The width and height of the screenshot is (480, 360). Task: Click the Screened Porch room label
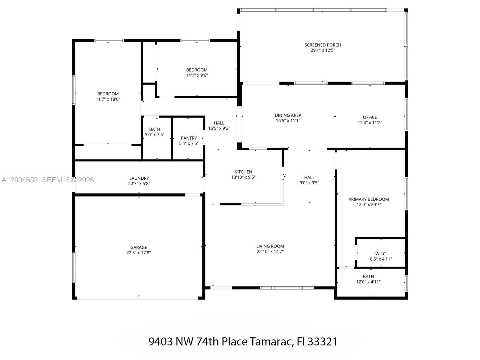point(322,45)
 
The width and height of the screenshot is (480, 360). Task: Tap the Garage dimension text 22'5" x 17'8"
point(139,253)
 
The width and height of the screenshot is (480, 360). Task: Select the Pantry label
point(189,138)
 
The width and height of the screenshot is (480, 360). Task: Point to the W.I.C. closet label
point(381,254)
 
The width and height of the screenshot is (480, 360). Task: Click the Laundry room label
point(139,178)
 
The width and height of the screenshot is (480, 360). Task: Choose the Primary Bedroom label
point(368,199)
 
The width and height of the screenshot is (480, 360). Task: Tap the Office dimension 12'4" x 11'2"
point(370,122)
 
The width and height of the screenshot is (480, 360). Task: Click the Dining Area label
point(288,115)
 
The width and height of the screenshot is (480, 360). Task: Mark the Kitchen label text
point(243,172)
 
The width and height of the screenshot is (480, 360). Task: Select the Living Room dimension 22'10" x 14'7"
point(270,251)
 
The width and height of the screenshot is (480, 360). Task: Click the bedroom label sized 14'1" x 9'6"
point(197,70)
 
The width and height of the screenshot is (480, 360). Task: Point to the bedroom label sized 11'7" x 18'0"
point(108,94)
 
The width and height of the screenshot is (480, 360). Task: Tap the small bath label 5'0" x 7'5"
point(154,129)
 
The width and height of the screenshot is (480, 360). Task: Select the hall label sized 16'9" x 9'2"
point(219,123)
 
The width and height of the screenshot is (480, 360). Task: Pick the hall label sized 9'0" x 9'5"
point(309,178)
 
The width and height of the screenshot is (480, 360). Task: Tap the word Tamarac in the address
point(271,341)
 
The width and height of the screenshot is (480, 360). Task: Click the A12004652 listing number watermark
point(20,180)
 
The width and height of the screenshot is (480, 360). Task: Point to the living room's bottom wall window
point(287,288)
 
